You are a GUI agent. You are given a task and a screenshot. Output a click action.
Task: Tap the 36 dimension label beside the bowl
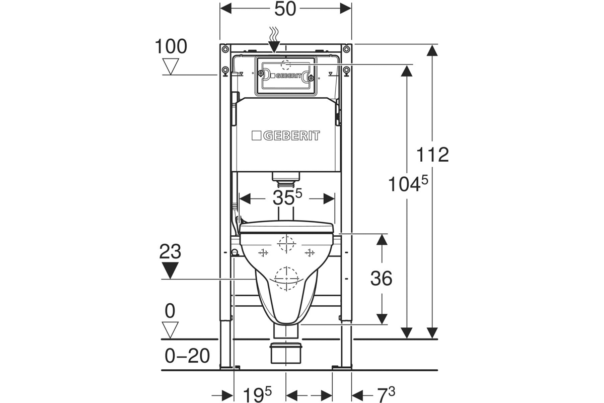pyautogui.click(x=381, y=278)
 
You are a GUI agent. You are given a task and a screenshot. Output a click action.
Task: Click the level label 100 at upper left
pyautogui.click(x=171, y=47)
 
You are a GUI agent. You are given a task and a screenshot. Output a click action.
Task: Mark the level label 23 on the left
pyautogui.click(x=171, y=251)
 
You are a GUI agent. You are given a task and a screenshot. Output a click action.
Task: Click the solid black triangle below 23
pyautogui.click(x=171, y=271)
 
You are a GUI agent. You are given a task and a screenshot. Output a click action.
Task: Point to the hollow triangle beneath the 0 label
pyautogui.click(x=171, y=329)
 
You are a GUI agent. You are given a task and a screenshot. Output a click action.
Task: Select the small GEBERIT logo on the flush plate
pyautogui.click(x=286, y=76)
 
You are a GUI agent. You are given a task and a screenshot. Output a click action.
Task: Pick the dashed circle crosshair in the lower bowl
pyautogui.click(x=285, y=277)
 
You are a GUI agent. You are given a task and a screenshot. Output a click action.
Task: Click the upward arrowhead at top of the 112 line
pyautogui.click(x=432, y=51)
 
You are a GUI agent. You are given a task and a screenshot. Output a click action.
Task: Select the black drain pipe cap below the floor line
pyautogui.click(x=286, y=346)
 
